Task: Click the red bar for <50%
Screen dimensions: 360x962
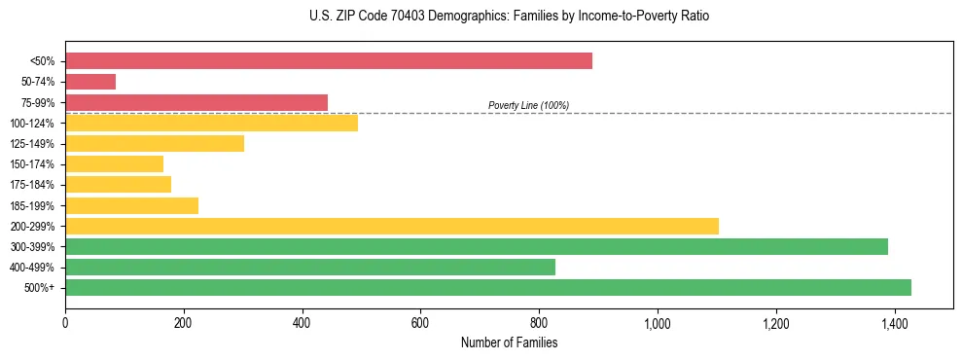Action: pos(329,61)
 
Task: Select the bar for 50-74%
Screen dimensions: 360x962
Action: pos(90,82)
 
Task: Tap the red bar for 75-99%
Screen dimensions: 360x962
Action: pos(196,102)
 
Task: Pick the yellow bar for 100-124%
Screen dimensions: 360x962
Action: pos(211,123)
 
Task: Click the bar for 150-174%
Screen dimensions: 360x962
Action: pos(114,163)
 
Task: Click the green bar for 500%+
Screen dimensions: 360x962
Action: pos(488,287)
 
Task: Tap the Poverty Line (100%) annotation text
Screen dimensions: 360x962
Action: pos(528,105)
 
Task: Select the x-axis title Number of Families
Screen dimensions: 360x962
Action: pos(510,342)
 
